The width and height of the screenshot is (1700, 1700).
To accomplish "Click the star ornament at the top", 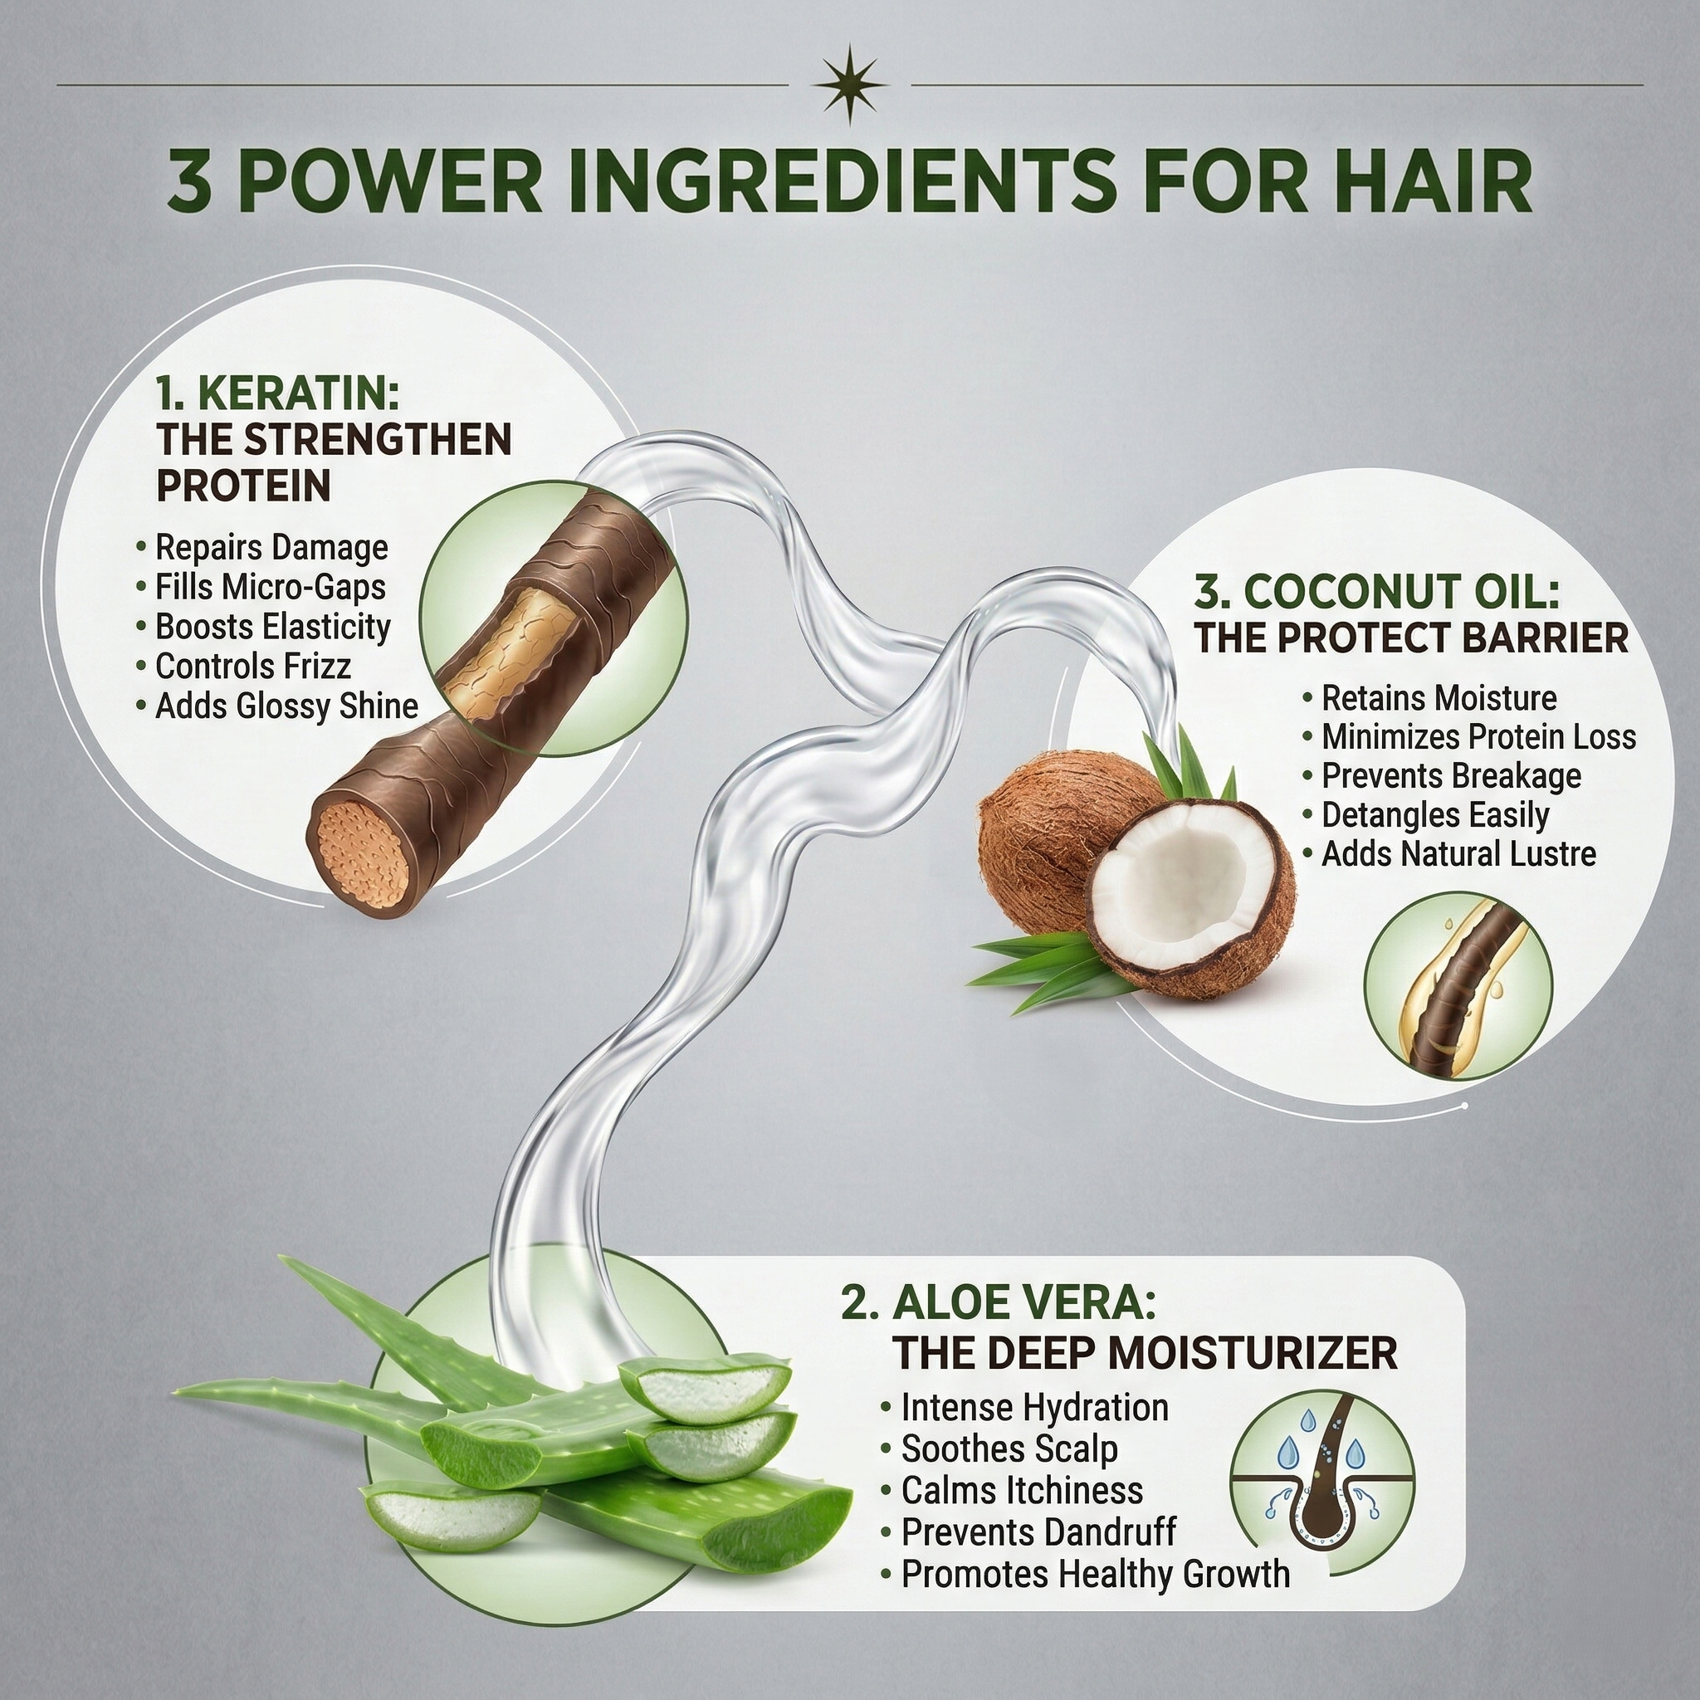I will pos(849,85).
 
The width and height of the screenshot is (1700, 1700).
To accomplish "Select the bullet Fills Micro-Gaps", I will pos(270,587).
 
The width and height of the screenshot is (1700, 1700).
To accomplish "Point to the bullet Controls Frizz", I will pos(252,666).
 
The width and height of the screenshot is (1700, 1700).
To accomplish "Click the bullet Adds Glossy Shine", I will pos(286,706).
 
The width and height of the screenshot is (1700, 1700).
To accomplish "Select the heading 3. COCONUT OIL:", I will pos(1376,592).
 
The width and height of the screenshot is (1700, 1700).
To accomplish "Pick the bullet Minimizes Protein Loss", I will pos(1478,736).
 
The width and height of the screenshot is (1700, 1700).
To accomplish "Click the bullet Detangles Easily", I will pos(1434,815).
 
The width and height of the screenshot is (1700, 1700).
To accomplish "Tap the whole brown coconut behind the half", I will pos(1047,827).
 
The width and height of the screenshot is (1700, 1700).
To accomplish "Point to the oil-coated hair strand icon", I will pos(1458,987).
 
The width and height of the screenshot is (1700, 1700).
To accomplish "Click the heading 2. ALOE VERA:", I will pos(998,1303).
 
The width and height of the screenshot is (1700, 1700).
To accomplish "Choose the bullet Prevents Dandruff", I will pos(1038,1532).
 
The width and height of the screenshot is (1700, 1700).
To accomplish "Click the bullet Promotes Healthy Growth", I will pos(1095,1573).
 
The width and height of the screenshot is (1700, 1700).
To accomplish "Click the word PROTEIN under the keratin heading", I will pos(244,486).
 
